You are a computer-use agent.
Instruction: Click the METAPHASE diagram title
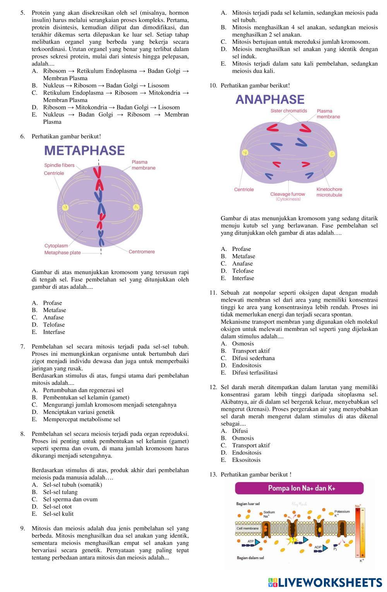(84, 151)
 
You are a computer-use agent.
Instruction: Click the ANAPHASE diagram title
(270, 100)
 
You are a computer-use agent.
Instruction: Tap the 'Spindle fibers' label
(59, 165)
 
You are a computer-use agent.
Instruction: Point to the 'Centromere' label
(142, 252)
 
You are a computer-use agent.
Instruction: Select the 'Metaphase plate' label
(63, 253)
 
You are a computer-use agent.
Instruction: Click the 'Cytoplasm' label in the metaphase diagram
(56, 245)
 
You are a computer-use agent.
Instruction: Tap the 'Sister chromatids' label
(289, 111)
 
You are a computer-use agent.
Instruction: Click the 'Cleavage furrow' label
(288, 194)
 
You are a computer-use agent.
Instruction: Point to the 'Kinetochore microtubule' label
(329, 192)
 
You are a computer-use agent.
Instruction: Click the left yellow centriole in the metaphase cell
(65, 207)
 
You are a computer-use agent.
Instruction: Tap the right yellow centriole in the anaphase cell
(332, 154)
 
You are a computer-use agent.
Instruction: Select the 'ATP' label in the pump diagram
(251, 541)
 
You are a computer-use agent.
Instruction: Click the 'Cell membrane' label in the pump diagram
(248, 528)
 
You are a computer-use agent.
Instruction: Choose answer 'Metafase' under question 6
(55, 310)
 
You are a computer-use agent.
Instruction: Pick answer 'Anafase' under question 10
(242, 264)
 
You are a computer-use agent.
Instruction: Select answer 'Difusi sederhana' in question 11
(253, 358)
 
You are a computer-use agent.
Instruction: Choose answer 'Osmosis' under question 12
(243, 438)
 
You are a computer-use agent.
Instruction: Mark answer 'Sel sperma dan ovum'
(70, 499)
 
